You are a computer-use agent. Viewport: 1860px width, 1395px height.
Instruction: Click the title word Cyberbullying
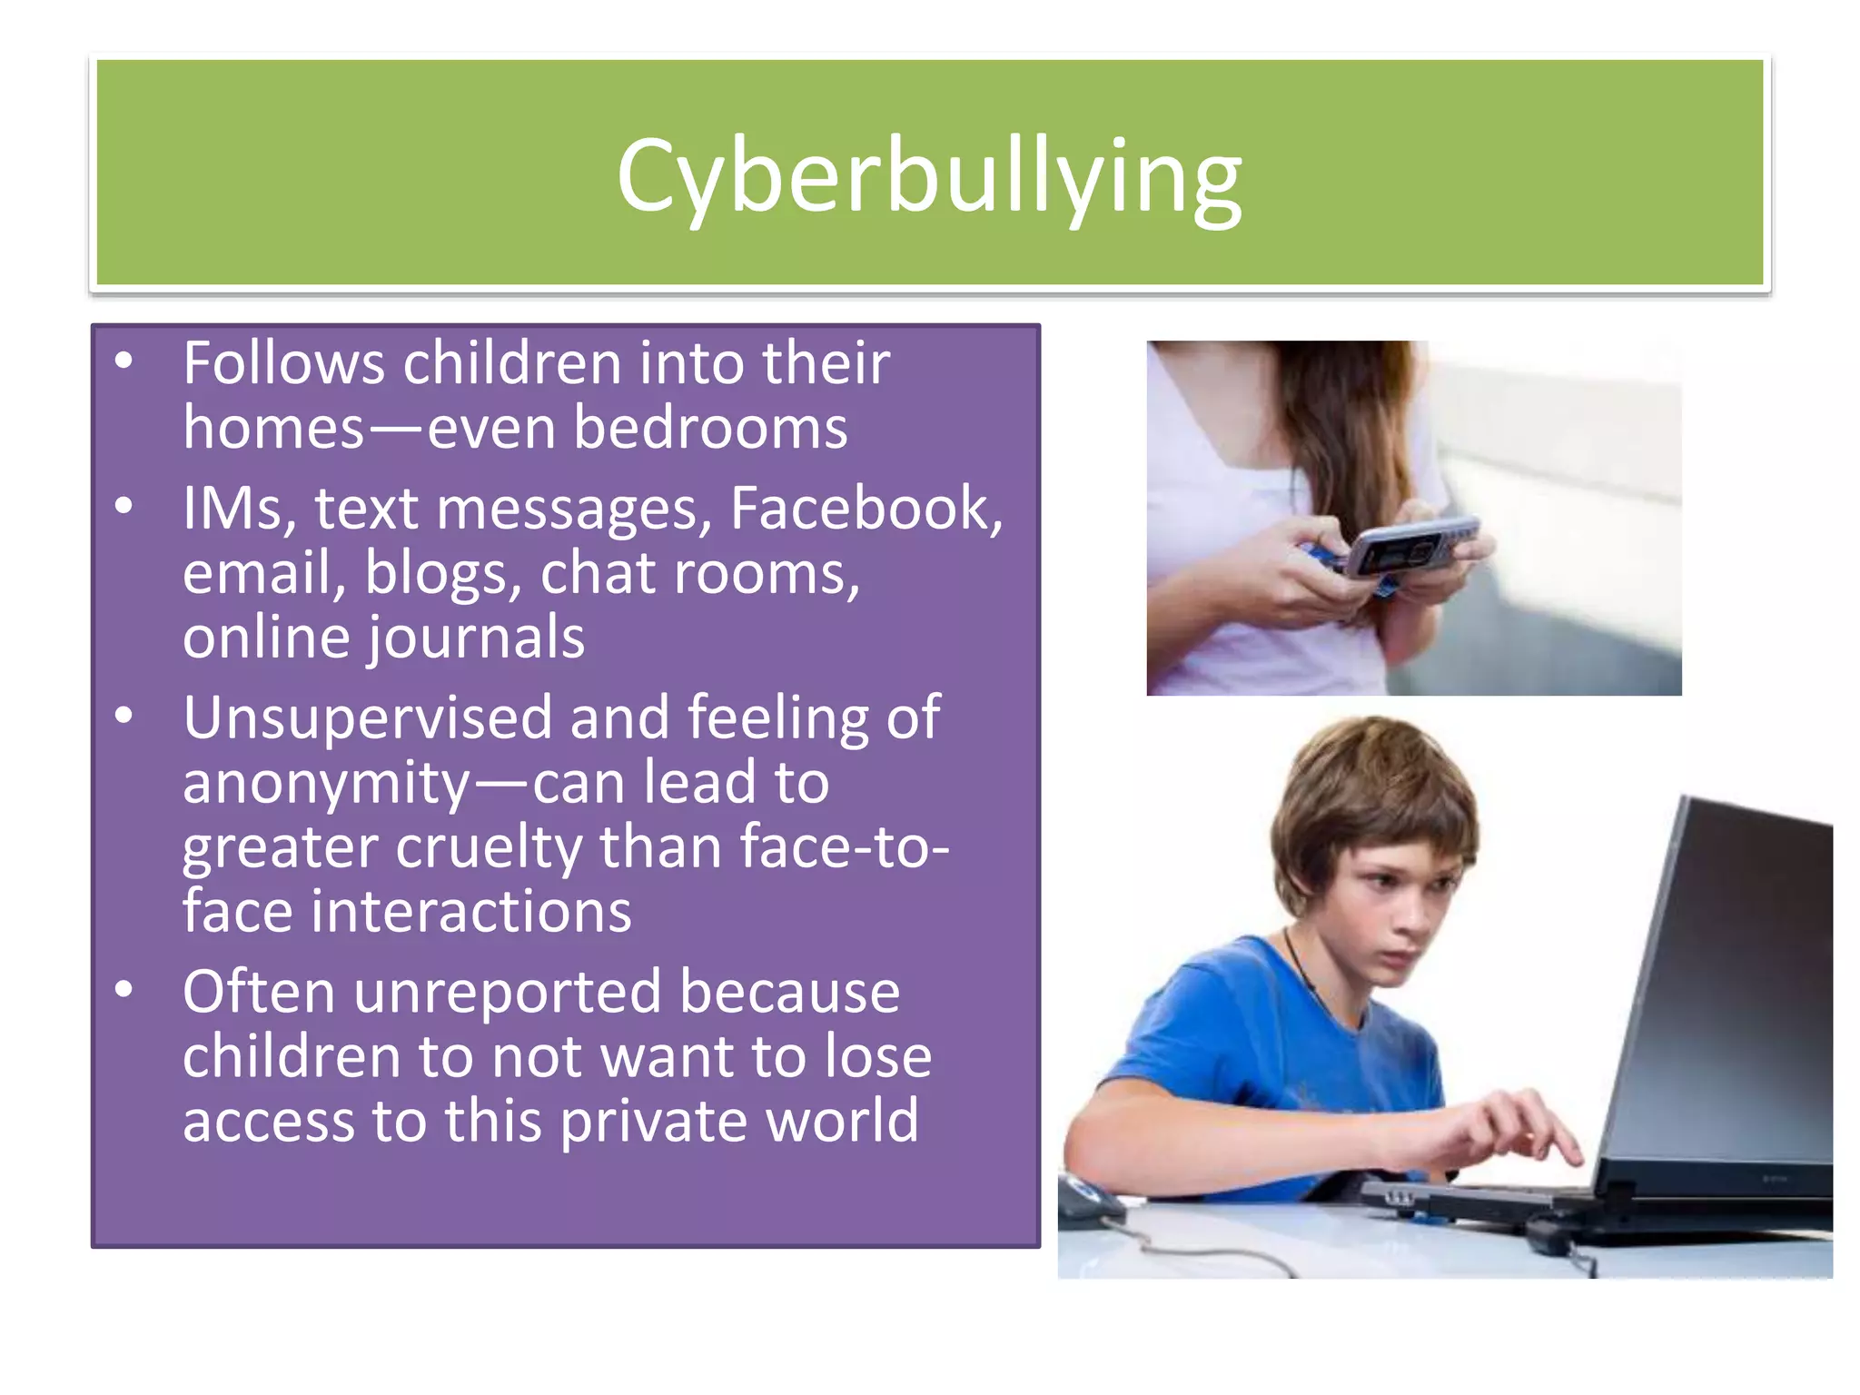[x=928, y=175]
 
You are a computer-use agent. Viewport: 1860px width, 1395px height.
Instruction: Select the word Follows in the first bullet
[x=283, y=363]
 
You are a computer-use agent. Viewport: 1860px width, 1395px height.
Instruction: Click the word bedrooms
[x=710, y=428]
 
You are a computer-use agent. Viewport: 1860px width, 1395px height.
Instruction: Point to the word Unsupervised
[x=367, y=717]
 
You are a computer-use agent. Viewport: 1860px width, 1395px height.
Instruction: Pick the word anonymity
[x=326, y=783]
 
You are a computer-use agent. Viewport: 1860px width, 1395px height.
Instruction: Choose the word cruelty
[x=489, y=847]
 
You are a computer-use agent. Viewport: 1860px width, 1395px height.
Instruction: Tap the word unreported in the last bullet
[x=508, y=992]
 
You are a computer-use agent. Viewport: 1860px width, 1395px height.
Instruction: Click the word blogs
[x=442, y=574]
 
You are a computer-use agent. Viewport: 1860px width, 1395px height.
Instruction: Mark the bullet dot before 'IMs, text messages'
[x=124, y=505]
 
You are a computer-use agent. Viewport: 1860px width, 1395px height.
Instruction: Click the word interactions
[x=470, y=912]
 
